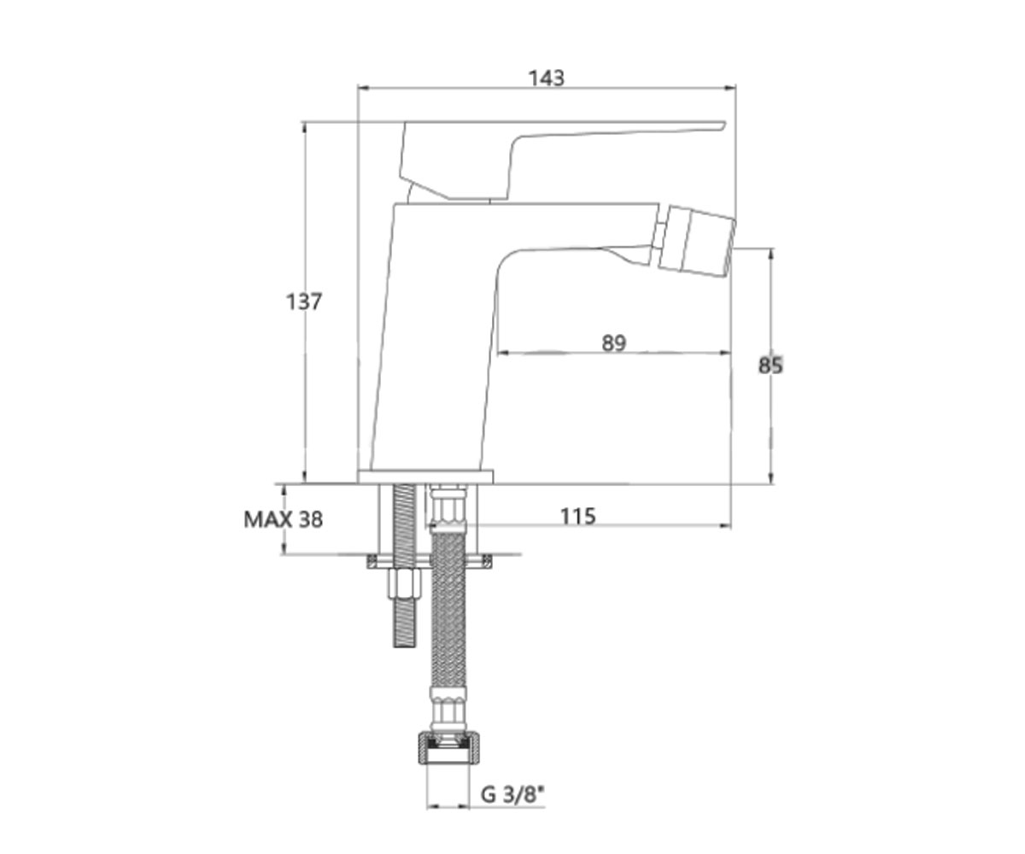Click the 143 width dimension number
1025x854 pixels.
(x=547, y=78)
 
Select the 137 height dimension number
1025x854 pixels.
(x=304, y=301)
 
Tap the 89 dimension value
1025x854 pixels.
(x=614, y=343)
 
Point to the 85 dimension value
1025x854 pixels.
(x=770, y=366)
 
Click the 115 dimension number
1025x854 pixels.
(x=577, y=517)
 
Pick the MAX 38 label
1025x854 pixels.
(x=284, y=519)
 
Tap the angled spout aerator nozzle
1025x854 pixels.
(x=694, y=237)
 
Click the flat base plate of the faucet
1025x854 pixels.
(x=426, y=477)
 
